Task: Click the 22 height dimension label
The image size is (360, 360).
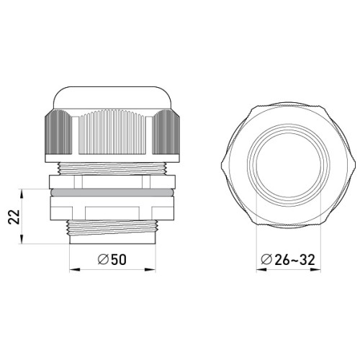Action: click(14, 217)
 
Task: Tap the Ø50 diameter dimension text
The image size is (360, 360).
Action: click(112, 259)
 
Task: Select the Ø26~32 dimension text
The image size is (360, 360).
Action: click(288, 259)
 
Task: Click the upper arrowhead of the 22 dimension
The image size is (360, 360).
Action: click(22, 194)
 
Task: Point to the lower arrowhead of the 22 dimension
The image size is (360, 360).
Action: click(22, 239)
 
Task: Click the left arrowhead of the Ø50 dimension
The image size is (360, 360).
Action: click(74, 270)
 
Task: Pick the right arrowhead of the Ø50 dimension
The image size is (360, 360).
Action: click(150, 270)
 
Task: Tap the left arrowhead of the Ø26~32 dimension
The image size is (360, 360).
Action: click(261, 270)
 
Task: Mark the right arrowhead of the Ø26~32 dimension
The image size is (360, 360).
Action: click(315, 270)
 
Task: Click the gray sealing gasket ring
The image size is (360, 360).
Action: click(112, 192)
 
